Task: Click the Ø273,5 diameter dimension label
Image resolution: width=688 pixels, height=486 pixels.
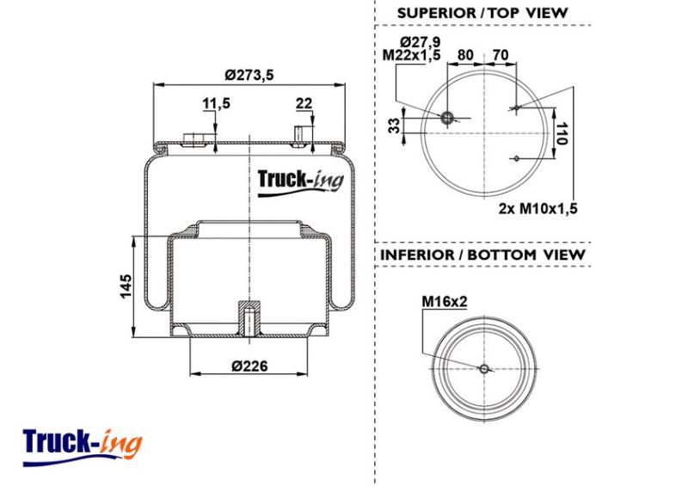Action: point(249,75)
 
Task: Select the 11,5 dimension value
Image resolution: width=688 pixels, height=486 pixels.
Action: point(216,103)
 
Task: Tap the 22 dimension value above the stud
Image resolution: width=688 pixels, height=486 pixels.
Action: point(304,103)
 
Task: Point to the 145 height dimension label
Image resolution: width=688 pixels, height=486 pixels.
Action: point(126,286)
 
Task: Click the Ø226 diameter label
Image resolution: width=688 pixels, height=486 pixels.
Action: point(249,366)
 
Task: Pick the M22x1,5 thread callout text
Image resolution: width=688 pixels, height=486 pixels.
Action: point(412,55)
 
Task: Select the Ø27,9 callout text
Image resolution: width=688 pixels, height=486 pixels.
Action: point(421,42)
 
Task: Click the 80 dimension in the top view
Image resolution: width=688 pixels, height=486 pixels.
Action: point(465,55)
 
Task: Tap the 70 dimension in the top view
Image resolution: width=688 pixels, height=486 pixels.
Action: point(501,55)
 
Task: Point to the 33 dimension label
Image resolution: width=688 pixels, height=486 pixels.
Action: point(395,126)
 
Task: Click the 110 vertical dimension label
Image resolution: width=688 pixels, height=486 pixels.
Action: point(562,133)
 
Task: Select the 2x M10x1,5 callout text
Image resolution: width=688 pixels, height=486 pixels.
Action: point(538,208)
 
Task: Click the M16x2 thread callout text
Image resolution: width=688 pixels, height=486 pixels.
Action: point(445,302)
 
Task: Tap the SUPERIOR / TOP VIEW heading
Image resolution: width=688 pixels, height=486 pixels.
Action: point(482,13)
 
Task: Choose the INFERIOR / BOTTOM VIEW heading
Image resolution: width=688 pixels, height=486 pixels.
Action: point(482,255)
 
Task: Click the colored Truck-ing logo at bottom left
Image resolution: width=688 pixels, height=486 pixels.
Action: point(83,447)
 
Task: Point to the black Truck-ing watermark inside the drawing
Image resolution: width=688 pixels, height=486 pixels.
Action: point(300,181)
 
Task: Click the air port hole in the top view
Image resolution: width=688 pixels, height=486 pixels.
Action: point(447,118)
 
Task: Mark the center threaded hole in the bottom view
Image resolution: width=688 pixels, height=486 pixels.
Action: point(484,369)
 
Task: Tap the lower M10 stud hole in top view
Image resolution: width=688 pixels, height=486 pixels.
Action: point(517,158)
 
